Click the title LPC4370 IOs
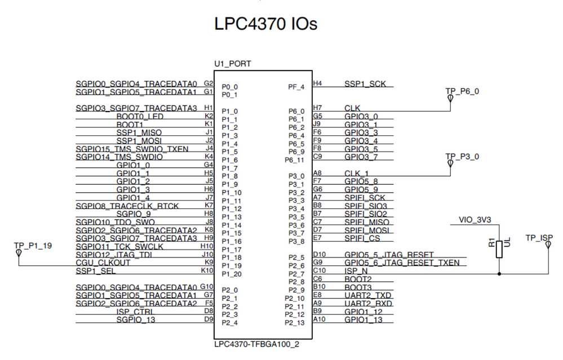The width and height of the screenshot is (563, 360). pos(265,24)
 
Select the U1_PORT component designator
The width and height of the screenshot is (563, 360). pos(233,64)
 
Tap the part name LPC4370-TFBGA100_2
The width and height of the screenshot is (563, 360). pos(257,344)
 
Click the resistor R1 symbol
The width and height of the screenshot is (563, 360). pos(499,249)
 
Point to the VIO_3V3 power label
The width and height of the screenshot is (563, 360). pos(475,220)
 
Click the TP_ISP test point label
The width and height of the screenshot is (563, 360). pos(539,238)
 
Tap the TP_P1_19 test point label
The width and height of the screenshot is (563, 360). pos(33,246)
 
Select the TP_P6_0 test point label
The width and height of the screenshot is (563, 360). pos(462,91)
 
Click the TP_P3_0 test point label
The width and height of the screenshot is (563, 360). pos(462,157)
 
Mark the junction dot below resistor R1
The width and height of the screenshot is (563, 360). pos(499,274)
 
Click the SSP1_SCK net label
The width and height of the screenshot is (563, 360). pos(365,84)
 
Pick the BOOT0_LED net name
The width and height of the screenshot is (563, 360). pos(140,117)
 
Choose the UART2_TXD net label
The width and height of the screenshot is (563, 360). pos(367,295)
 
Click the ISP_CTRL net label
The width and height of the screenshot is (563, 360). pos(135,312)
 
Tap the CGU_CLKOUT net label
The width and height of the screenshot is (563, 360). pos(103,263)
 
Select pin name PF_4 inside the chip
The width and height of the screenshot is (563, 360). pos(296,87)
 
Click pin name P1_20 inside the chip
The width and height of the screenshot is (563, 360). pos(232,274)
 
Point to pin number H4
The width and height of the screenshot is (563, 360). pos(317,83)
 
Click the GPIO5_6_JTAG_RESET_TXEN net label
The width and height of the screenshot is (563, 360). pos(402,263)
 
